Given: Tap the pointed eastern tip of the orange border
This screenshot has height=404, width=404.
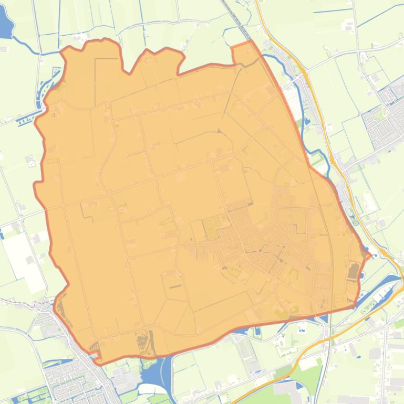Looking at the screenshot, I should [369, 256].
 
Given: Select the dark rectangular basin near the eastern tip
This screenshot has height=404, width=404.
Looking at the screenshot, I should [353, 271].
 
